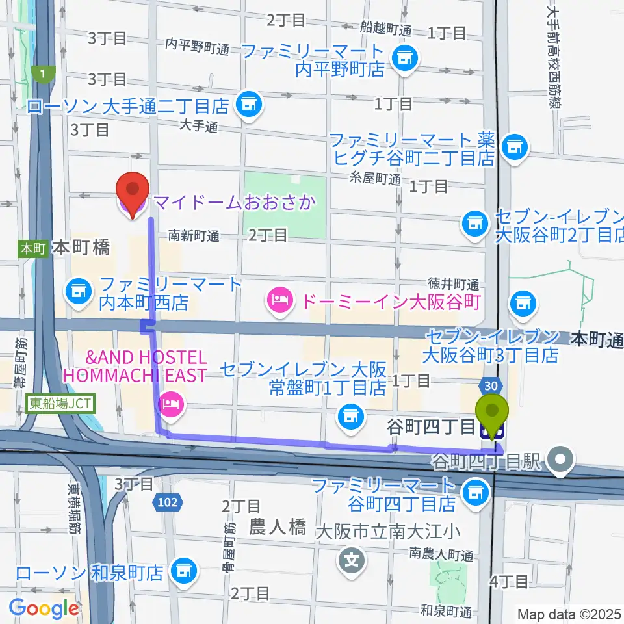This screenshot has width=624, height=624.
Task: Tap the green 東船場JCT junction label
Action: click(62, 404)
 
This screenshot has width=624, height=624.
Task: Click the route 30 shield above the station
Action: click(492, 385)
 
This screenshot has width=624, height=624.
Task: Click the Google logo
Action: click(44, 608)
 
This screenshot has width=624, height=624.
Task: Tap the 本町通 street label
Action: click(597, 339)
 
